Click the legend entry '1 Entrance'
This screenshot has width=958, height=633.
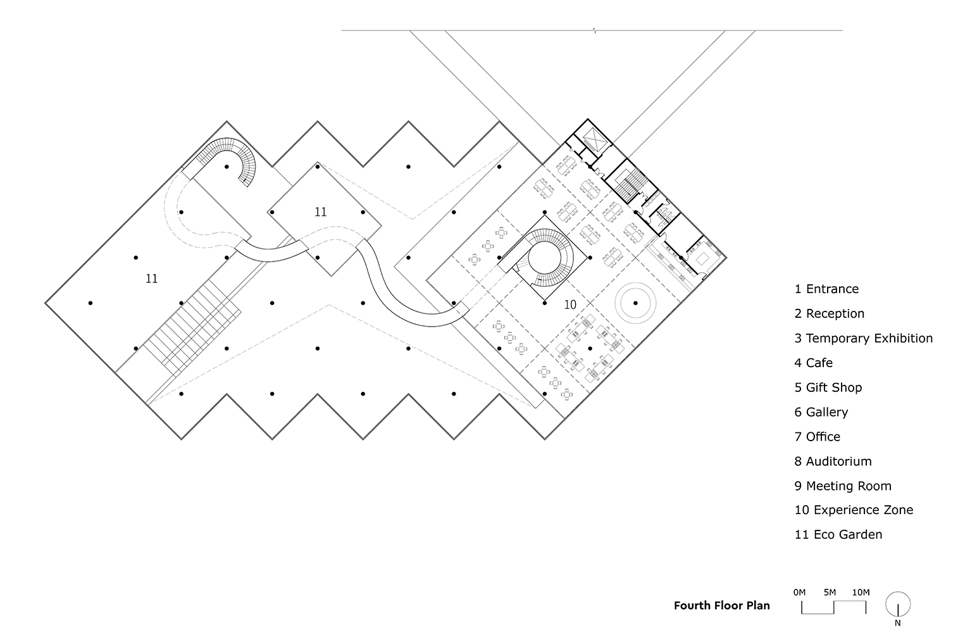click(x=826, y=289)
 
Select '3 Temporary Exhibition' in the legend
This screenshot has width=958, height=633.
click(x=864, y=338)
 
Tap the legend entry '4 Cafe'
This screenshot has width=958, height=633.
click(x=814, y=363)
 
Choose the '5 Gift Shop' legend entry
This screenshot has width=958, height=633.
click(x=828, y=388)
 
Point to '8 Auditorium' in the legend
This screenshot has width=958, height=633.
click(x=833, y=461)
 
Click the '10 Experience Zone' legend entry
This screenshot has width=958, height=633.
click(x=854, y=510)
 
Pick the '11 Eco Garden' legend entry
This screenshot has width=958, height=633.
click(x=838, y=535)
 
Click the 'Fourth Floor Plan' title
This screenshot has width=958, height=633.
click(x=722, y=606)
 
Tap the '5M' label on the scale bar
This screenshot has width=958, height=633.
click(x=830, y=592)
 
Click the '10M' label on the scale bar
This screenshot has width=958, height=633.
click(x=861, y=592)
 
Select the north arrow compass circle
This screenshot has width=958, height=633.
click(x=898, y=605)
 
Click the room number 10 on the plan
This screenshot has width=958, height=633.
click(x=570, y=305)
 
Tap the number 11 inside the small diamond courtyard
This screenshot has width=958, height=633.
click(x=321, y=212)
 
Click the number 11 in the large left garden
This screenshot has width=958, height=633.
click(x=152, y=279)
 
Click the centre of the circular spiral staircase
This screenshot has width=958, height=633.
click(x=544, y=258)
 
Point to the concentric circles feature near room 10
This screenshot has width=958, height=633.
click(x=635, y=303)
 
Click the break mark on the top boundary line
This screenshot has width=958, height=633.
click(x=594, y=30)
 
